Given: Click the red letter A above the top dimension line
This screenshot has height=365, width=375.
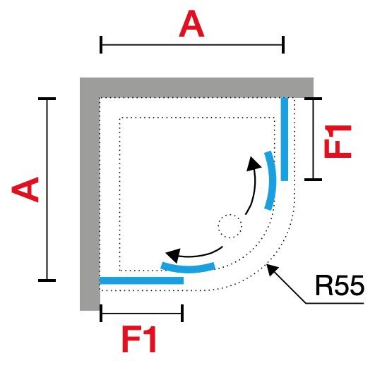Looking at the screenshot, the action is point(191,24).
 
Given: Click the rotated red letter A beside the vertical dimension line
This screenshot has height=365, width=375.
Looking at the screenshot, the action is point(25,190).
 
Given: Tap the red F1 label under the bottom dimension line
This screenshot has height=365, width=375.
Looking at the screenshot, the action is point(139,340).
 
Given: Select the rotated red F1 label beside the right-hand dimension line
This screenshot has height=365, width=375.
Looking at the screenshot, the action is point(338,142).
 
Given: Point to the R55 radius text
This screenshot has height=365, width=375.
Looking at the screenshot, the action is point(340,285).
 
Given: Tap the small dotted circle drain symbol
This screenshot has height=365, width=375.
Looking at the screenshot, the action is point(230,226).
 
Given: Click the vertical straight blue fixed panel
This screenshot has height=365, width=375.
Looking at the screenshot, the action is point(285,139).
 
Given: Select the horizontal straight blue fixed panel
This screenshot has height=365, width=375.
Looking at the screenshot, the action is point(141,280).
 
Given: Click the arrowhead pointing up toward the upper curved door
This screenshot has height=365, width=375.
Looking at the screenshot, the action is point(253,163).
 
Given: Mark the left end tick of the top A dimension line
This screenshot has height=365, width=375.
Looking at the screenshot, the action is point(101,45).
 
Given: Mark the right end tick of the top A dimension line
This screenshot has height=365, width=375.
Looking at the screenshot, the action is point(283,45).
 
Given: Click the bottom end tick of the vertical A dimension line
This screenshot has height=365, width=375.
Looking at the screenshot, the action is point(47,280).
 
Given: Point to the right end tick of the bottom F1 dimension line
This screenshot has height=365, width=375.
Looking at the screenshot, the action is point(182,313).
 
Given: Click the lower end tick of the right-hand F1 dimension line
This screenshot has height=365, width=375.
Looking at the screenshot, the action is point(314,180).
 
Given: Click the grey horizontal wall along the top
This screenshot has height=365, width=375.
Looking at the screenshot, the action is point(196,87).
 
